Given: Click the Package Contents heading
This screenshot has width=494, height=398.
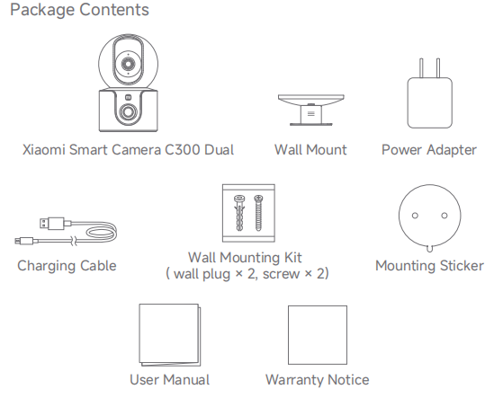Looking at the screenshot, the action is coord(79,10).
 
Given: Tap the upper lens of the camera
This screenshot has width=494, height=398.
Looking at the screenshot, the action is coord(129,64).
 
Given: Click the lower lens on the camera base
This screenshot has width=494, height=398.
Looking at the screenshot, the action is coord(128,112).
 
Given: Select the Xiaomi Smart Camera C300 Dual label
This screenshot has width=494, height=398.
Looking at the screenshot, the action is coord(128,150).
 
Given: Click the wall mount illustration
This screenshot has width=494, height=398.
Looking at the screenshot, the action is coord(311,110).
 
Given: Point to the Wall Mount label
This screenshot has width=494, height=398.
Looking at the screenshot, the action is coord(310,150).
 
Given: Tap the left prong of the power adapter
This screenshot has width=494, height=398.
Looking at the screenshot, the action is coord(421,68).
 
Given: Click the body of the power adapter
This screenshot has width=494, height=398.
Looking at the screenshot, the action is coord(430,103).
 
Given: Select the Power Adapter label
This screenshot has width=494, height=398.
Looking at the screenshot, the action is coord(429,150).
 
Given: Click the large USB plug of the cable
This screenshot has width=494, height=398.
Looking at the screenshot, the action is coord(52,224).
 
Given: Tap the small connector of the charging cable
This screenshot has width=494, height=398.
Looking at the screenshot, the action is coord(24,242).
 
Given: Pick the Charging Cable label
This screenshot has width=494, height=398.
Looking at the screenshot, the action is coord(67,266).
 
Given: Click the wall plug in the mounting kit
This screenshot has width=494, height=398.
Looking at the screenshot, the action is coord(239,213).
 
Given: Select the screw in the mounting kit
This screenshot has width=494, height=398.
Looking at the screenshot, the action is coord(258,213).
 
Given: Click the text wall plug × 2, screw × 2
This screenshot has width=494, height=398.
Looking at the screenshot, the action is coord(247,274).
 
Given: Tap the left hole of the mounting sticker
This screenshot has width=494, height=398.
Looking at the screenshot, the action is coord(415,216).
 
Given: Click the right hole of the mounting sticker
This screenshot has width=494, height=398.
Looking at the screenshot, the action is coord(445,216).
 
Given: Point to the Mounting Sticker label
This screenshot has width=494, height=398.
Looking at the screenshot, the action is coord(429,266).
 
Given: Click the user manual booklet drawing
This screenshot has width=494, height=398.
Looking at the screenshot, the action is coord(170,335).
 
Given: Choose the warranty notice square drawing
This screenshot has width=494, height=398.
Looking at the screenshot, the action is coord(318,335).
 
